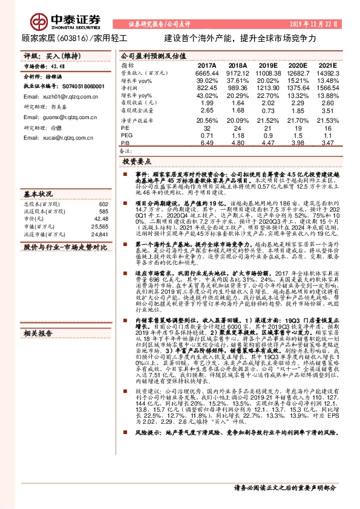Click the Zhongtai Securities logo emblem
(x=39, y=22)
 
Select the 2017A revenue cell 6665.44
(x=206, y=73)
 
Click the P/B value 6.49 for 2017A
(x=206, y=143)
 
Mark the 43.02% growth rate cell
(x=206, y=96)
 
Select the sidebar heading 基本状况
(x=39, y=195)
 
